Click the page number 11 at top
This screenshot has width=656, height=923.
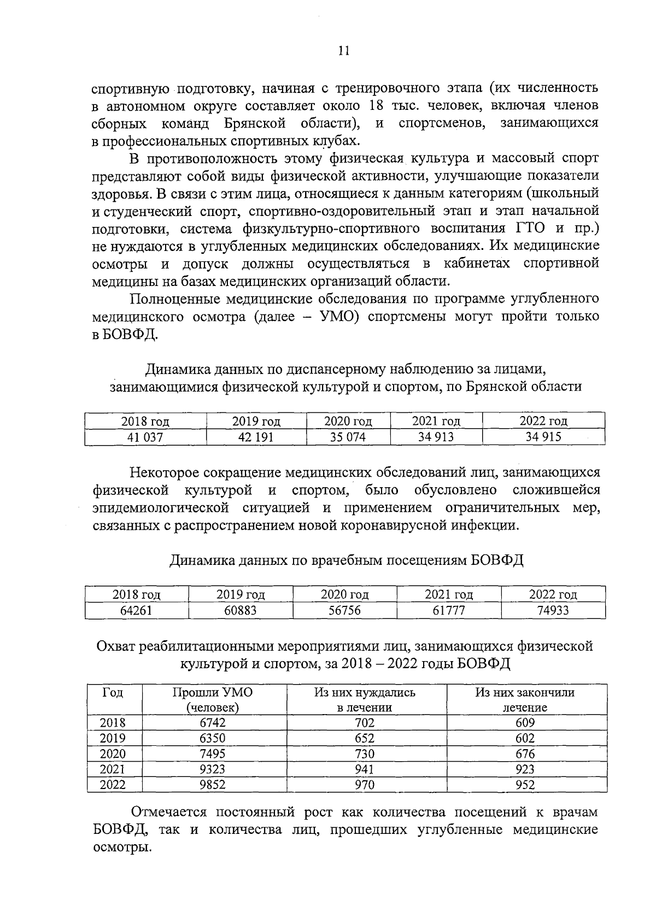[343, 51]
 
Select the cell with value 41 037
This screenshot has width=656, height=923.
[145, 437]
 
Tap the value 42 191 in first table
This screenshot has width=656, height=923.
[256, 437]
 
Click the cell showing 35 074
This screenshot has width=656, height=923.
[348, 437]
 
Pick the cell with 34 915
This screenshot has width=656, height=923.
[543, 437]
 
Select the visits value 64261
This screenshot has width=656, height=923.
[136, 610]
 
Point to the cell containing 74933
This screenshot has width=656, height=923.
[553, 610]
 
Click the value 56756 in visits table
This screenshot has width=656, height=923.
[344, 610]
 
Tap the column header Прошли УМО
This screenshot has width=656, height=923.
[213, 699]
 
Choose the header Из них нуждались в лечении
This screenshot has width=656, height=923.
[365, 699]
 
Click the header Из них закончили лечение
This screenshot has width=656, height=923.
[525, 699]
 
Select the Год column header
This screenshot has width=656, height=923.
[113, 693]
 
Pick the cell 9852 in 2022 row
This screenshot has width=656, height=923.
[213, 785]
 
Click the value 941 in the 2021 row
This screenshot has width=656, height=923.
[365, 769]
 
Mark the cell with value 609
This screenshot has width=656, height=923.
[525, 722]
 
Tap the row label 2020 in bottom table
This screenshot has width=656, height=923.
[113, 753]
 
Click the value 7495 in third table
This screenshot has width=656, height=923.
[213, 753]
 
